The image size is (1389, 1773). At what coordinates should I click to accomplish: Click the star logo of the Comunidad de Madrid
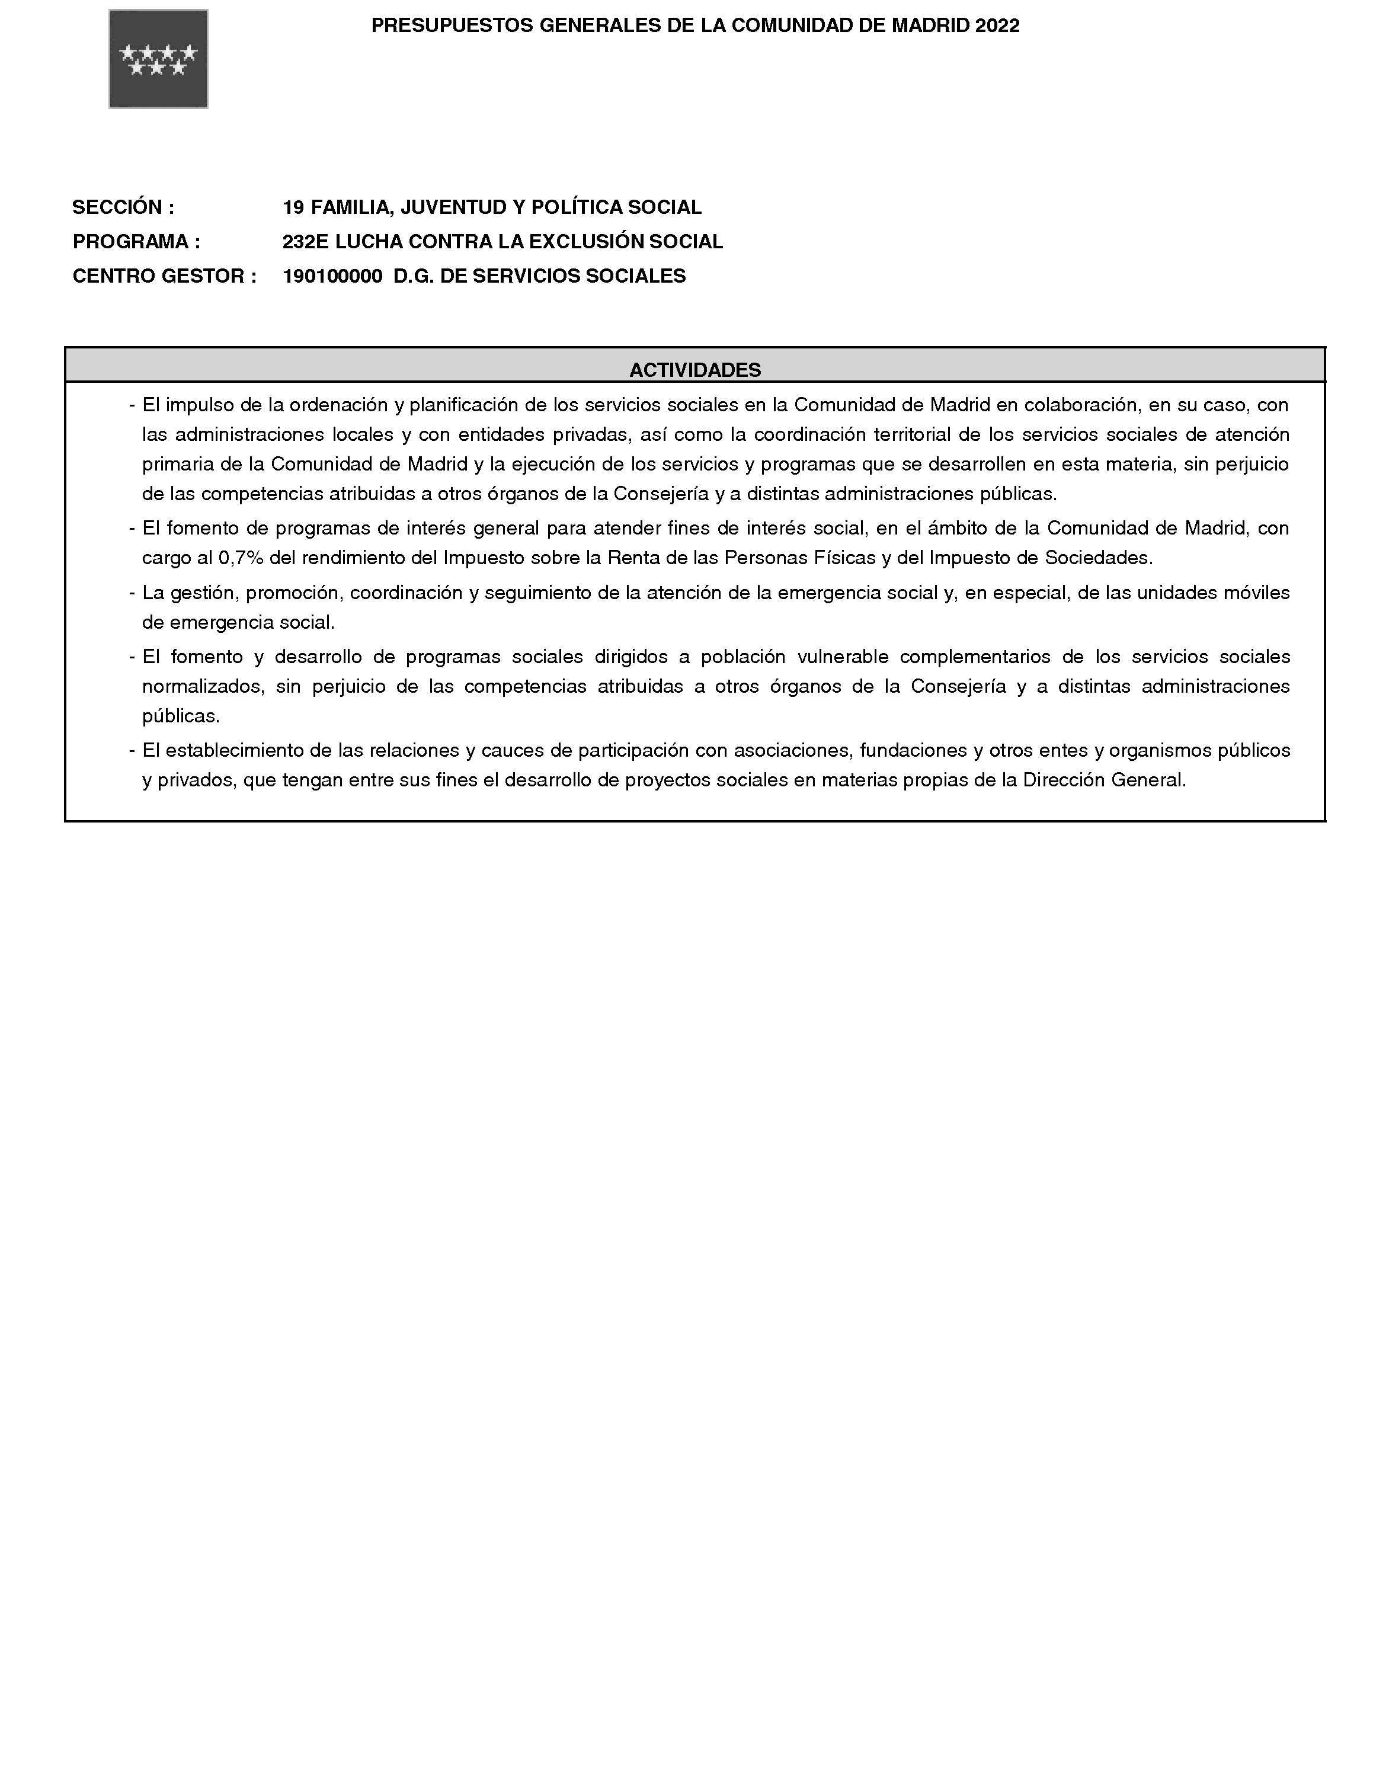(x=159, y=59)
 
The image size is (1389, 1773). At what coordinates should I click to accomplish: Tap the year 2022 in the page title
(x=998, y=26)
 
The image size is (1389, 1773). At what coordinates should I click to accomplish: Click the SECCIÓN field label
(x=123, y=207)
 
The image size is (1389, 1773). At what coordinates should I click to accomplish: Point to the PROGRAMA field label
(x=136, y=242)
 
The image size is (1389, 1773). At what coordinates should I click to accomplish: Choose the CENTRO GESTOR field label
(x=164, y=277)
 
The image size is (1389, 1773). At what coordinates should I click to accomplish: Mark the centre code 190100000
(x=332, y=277)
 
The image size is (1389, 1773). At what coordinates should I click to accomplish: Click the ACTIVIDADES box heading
(x=695, y=370)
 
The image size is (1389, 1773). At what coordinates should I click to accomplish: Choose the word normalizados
(x=203, y=686)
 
